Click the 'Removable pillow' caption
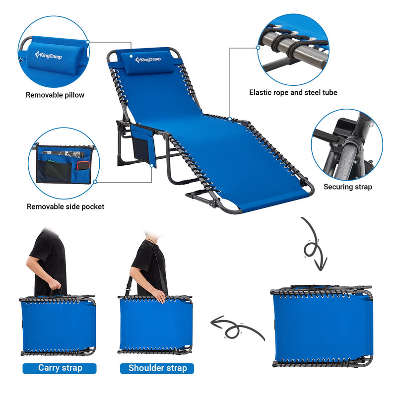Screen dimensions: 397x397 tap(55, 95)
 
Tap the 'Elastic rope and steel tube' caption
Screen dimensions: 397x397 tap(293, 92)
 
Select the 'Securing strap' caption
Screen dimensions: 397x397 tap(347, 187)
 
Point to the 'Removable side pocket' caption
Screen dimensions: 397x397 tap(66, 206)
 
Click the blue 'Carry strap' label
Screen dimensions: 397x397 tap(60, 368)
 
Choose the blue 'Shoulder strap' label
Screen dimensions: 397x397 tap(157, 368)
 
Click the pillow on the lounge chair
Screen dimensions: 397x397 tap(148, 61)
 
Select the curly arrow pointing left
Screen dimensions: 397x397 tap(233, 328)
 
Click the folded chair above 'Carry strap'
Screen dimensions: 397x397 tap(58, 325)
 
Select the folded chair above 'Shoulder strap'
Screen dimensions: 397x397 tap(155, 325)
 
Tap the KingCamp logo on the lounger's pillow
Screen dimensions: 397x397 tap(148, 60)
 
